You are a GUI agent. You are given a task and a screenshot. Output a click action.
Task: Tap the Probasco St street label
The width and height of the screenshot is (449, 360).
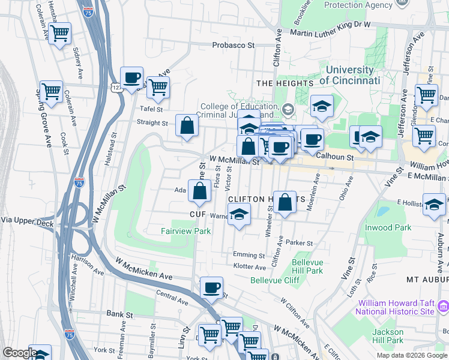234,45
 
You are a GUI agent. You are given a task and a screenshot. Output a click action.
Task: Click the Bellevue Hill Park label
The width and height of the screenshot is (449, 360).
307,267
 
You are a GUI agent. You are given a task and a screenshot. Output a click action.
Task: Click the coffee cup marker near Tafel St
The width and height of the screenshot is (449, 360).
131,77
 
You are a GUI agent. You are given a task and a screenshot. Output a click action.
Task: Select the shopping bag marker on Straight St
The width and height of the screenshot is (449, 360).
187,125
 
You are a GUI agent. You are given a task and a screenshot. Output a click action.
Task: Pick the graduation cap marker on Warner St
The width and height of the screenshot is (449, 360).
239,214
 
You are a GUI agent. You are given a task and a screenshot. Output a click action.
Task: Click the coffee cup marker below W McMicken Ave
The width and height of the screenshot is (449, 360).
211,287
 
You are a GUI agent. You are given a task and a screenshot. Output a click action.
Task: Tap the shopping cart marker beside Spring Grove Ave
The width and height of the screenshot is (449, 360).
51,91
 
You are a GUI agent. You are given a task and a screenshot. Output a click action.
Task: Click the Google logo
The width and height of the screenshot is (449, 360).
20,353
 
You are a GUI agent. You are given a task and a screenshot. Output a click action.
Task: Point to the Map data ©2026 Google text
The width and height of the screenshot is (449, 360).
412,355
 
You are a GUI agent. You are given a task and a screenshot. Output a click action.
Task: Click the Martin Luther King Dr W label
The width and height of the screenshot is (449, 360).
331,25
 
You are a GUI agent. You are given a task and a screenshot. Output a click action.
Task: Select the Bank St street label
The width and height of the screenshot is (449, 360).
119,314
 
